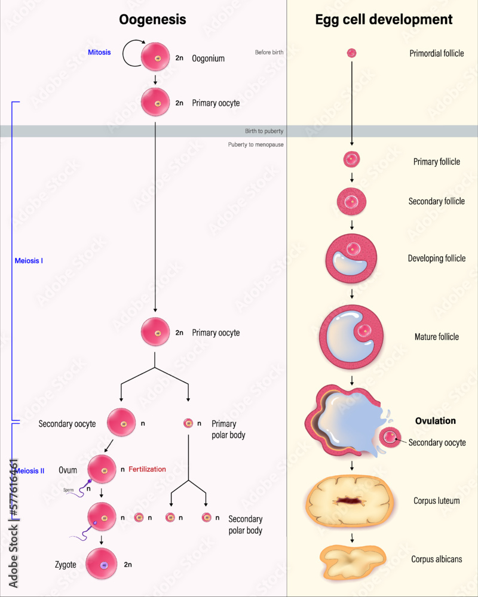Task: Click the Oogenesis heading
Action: point(152,20)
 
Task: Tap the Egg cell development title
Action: point(384,20)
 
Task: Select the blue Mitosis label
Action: point(99,53)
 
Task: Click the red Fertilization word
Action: point(147,469)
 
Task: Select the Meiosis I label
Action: point(28,261)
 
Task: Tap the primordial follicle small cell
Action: point(352,53)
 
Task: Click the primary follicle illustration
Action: point(352,159)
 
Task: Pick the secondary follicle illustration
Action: point(352,201)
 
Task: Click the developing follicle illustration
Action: point(352,259)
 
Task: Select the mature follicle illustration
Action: point(351,336)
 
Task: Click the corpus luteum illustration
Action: point(351,500)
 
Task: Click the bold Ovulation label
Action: point(435,421)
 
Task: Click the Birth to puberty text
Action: point(264,131)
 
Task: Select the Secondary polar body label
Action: point(245,525)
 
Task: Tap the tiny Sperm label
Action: point(69,490)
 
